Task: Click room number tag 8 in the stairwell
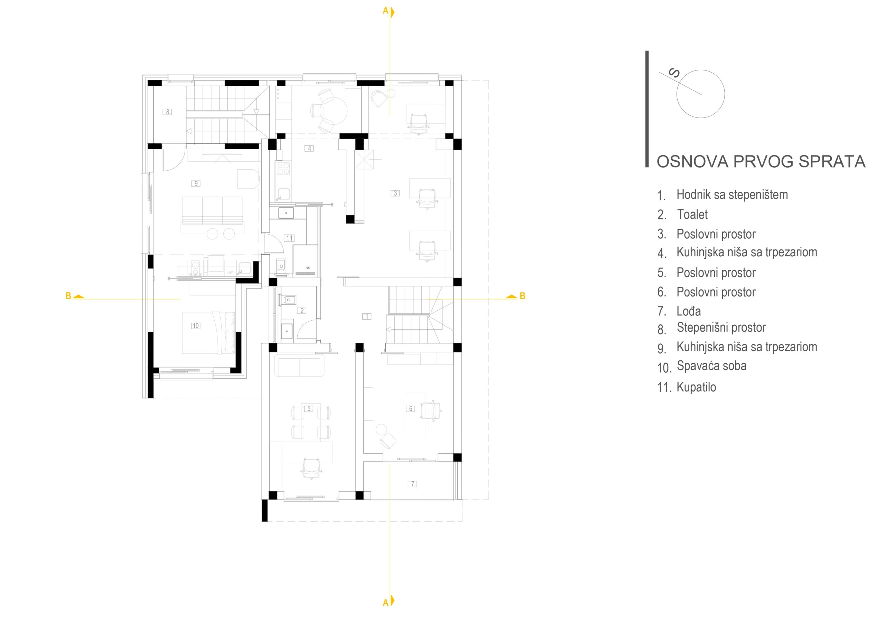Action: (167, 112)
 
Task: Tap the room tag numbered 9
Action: (196, 183)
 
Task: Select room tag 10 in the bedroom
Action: (196, 325)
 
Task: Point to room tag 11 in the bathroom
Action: (289, 238)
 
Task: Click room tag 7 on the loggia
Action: (412, 484)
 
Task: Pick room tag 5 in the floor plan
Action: (309, 408)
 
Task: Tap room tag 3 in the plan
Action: (395, 193)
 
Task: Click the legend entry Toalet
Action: (692, 214)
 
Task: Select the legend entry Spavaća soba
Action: (711, 366)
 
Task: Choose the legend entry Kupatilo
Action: (697, 387)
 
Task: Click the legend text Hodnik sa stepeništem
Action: (732, 195)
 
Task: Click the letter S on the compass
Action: (674, 73)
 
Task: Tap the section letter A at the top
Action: (385, 11)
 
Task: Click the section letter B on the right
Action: (523, 296)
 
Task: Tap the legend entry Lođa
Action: (689, 311)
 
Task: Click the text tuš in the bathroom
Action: (308, 267)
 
